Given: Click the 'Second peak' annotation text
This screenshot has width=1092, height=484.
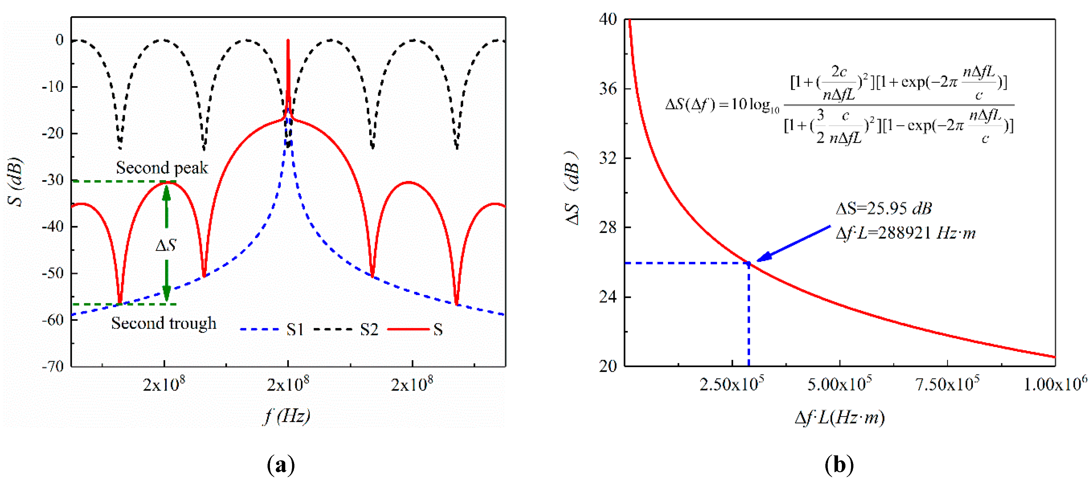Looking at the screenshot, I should pos(162,168).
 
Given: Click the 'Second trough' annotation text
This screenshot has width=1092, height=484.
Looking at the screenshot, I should pos(164,323).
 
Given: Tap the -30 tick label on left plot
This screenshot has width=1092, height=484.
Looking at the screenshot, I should pos(53,180).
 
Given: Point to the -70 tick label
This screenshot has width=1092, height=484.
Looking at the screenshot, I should pos(53,366).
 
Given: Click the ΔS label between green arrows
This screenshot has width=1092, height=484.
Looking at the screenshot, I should pos(166,245).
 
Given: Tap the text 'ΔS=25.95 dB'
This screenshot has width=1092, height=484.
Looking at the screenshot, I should pos(884,208).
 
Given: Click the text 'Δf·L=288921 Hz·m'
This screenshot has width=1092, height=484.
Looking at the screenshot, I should pos(905,233).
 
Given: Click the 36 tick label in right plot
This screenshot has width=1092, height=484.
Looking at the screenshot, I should pos(608,89).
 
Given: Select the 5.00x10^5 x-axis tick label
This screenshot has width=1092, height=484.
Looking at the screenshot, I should pos(839,384).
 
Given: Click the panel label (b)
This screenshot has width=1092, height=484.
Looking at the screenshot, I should pos(839,465).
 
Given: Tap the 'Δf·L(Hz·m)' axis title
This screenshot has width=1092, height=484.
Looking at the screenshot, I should pos(839,418).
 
